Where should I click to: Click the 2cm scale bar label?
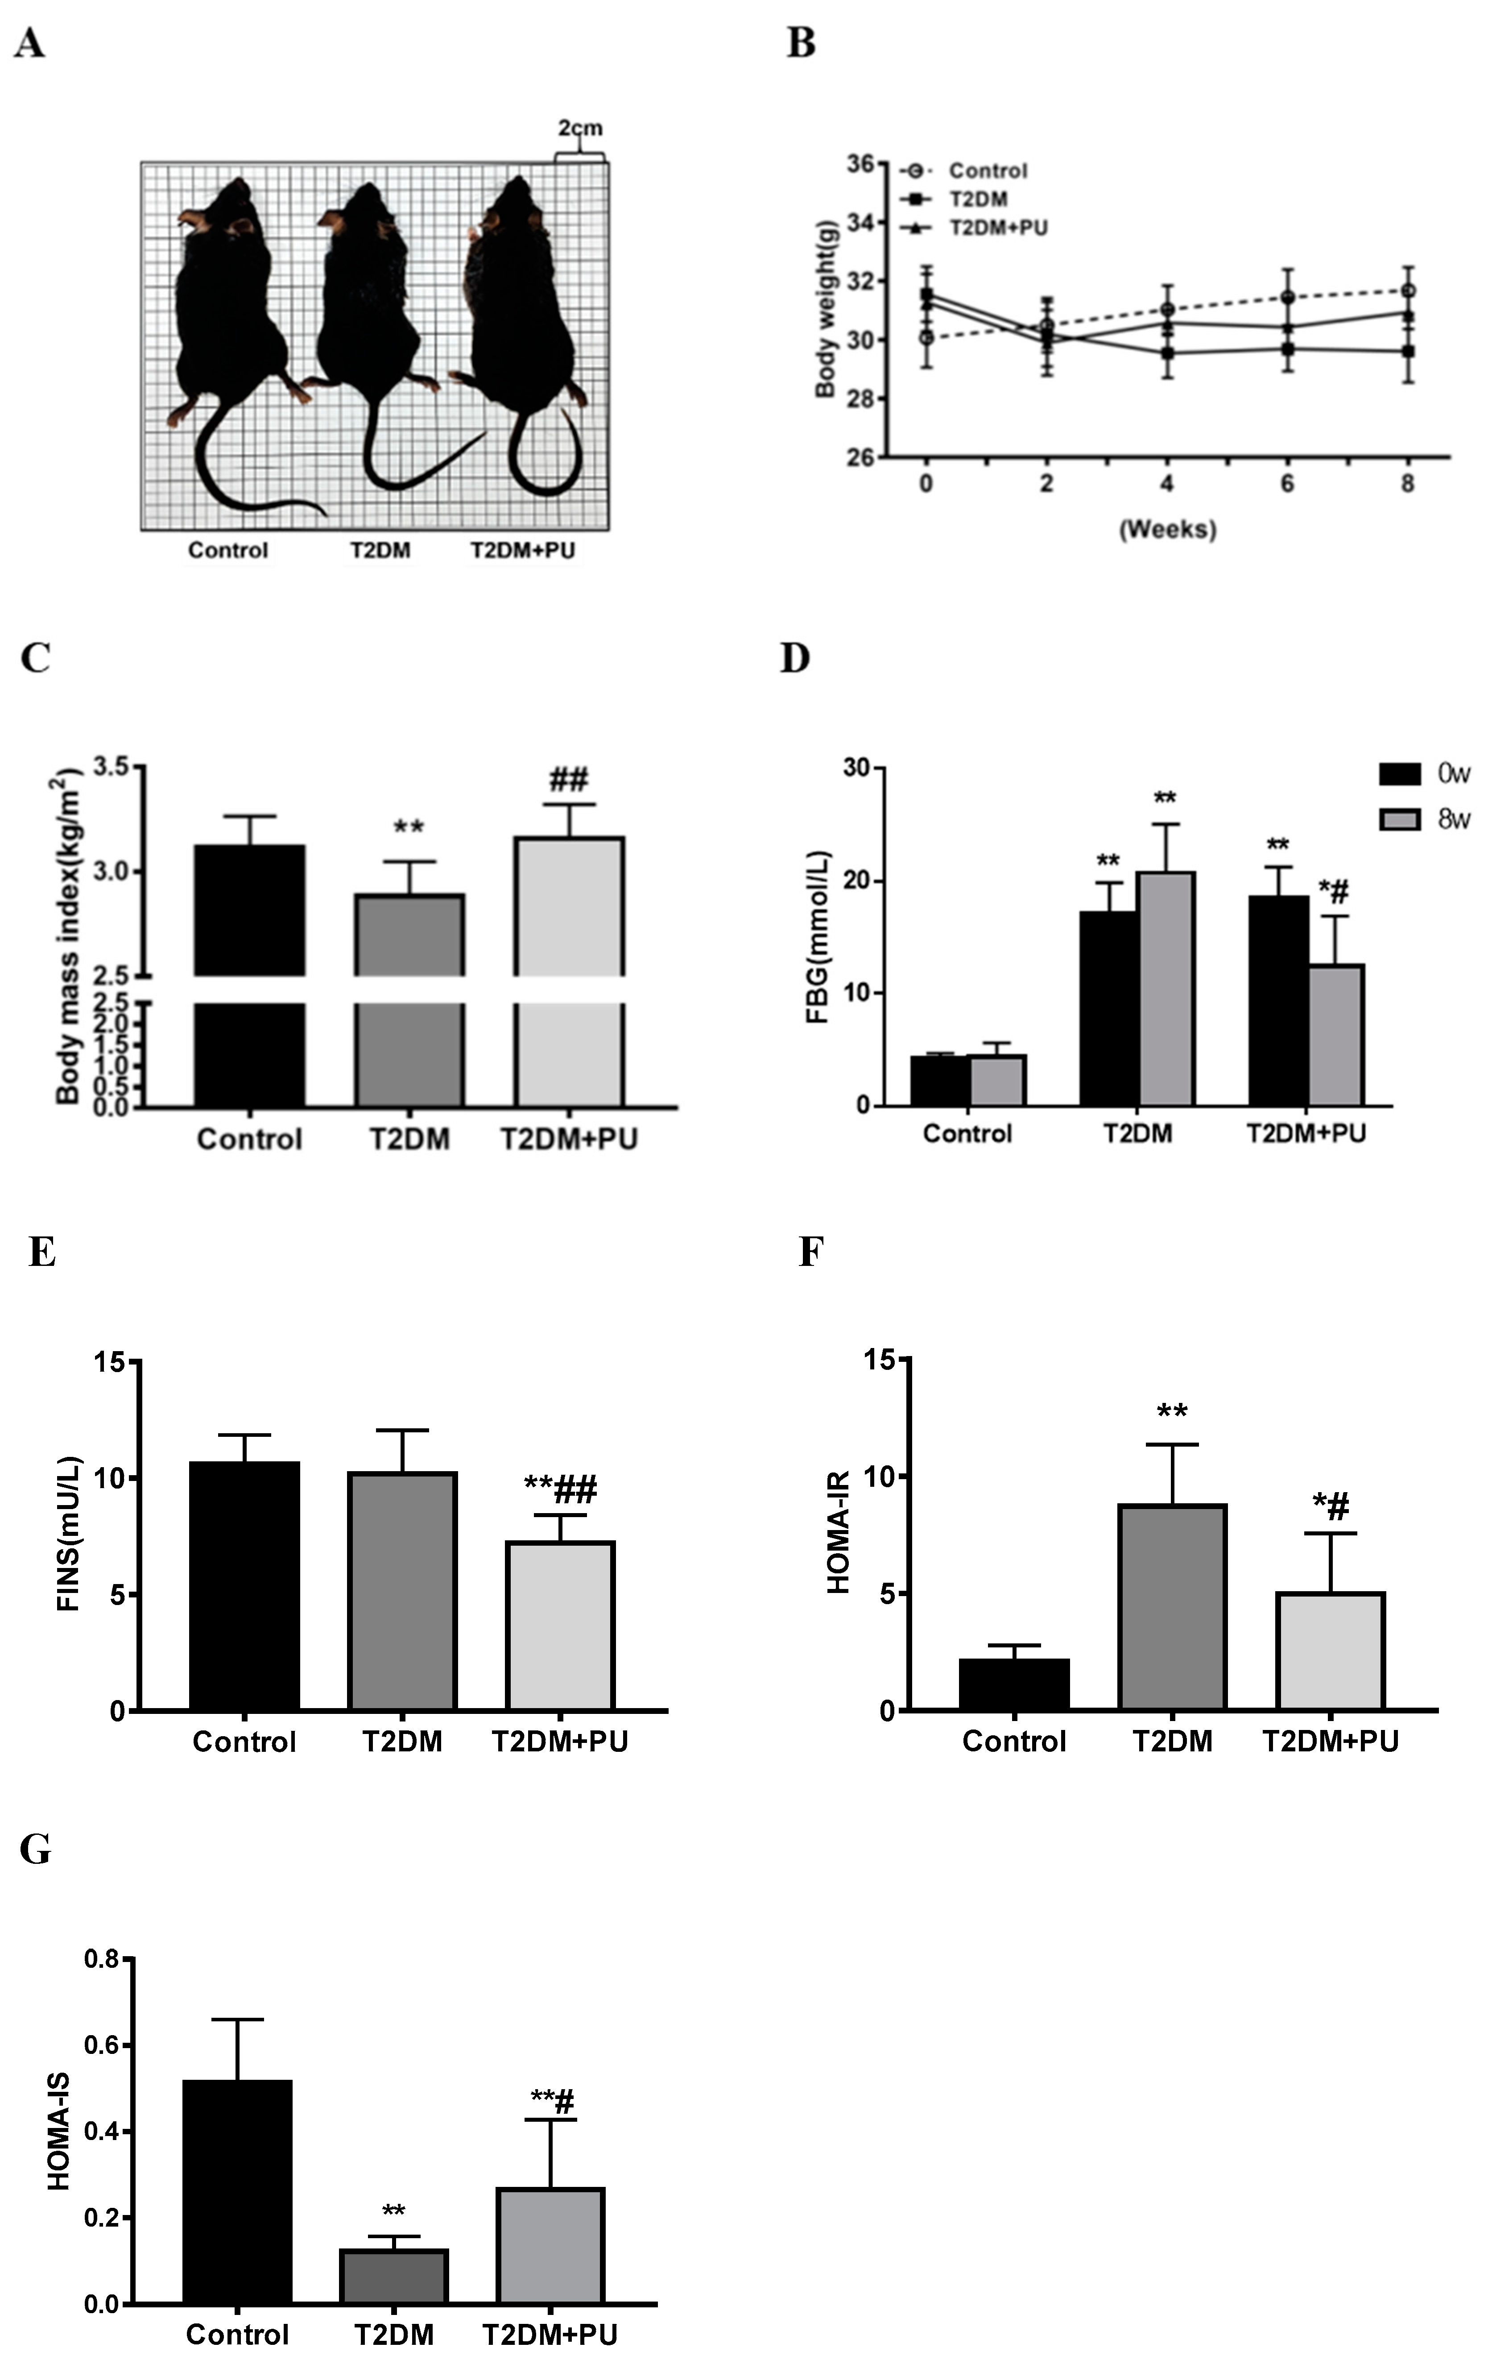(x=580, y=128)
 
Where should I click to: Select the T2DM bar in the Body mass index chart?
(x=409, y=998)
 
